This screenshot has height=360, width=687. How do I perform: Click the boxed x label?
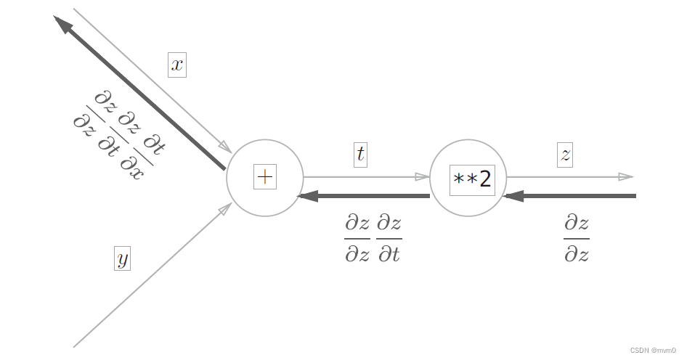click(177, 65)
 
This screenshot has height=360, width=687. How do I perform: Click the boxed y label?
click(122, 258)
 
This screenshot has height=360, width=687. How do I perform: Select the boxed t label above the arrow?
click(360, 154)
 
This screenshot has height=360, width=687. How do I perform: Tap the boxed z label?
click(565, 154)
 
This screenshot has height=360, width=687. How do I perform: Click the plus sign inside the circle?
click(265, 176)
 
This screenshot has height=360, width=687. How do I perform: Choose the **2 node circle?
click(468, 179)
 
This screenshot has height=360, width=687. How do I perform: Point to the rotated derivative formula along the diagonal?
click(120, 134)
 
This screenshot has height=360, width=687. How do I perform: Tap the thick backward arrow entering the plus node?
click(363, 196)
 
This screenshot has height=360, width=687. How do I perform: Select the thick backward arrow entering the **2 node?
click(570, 196)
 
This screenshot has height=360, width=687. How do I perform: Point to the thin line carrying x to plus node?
click(145, 73)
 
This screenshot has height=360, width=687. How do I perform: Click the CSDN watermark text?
click(653, 351)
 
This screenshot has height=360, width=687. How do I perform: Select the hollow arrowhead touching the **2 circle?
click(422, 176)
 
